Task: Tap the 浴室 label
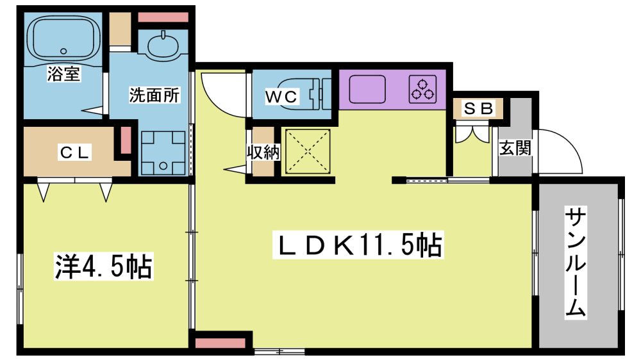(63, 74)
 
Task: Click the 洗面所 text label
(154, 95)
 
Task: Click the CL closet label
(74, 152)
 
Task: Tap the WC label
(281, 97)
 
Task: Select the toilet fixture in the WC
(308, 94)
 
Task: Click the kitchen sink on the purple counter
(367, 89)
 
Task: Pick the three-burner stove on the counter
(422, 89)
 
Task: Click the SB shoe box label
(478, 109)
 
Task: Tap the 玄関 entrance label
(515, 148)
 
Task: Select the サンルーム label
(576, 263)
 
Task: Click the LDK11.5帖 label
(358, 245)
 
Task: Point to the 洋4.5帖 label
(103, 266)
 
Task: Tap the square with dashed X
(308, 151)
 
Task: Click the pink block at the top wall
(163, 17)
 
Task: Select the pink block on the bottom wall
(220, 343)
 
